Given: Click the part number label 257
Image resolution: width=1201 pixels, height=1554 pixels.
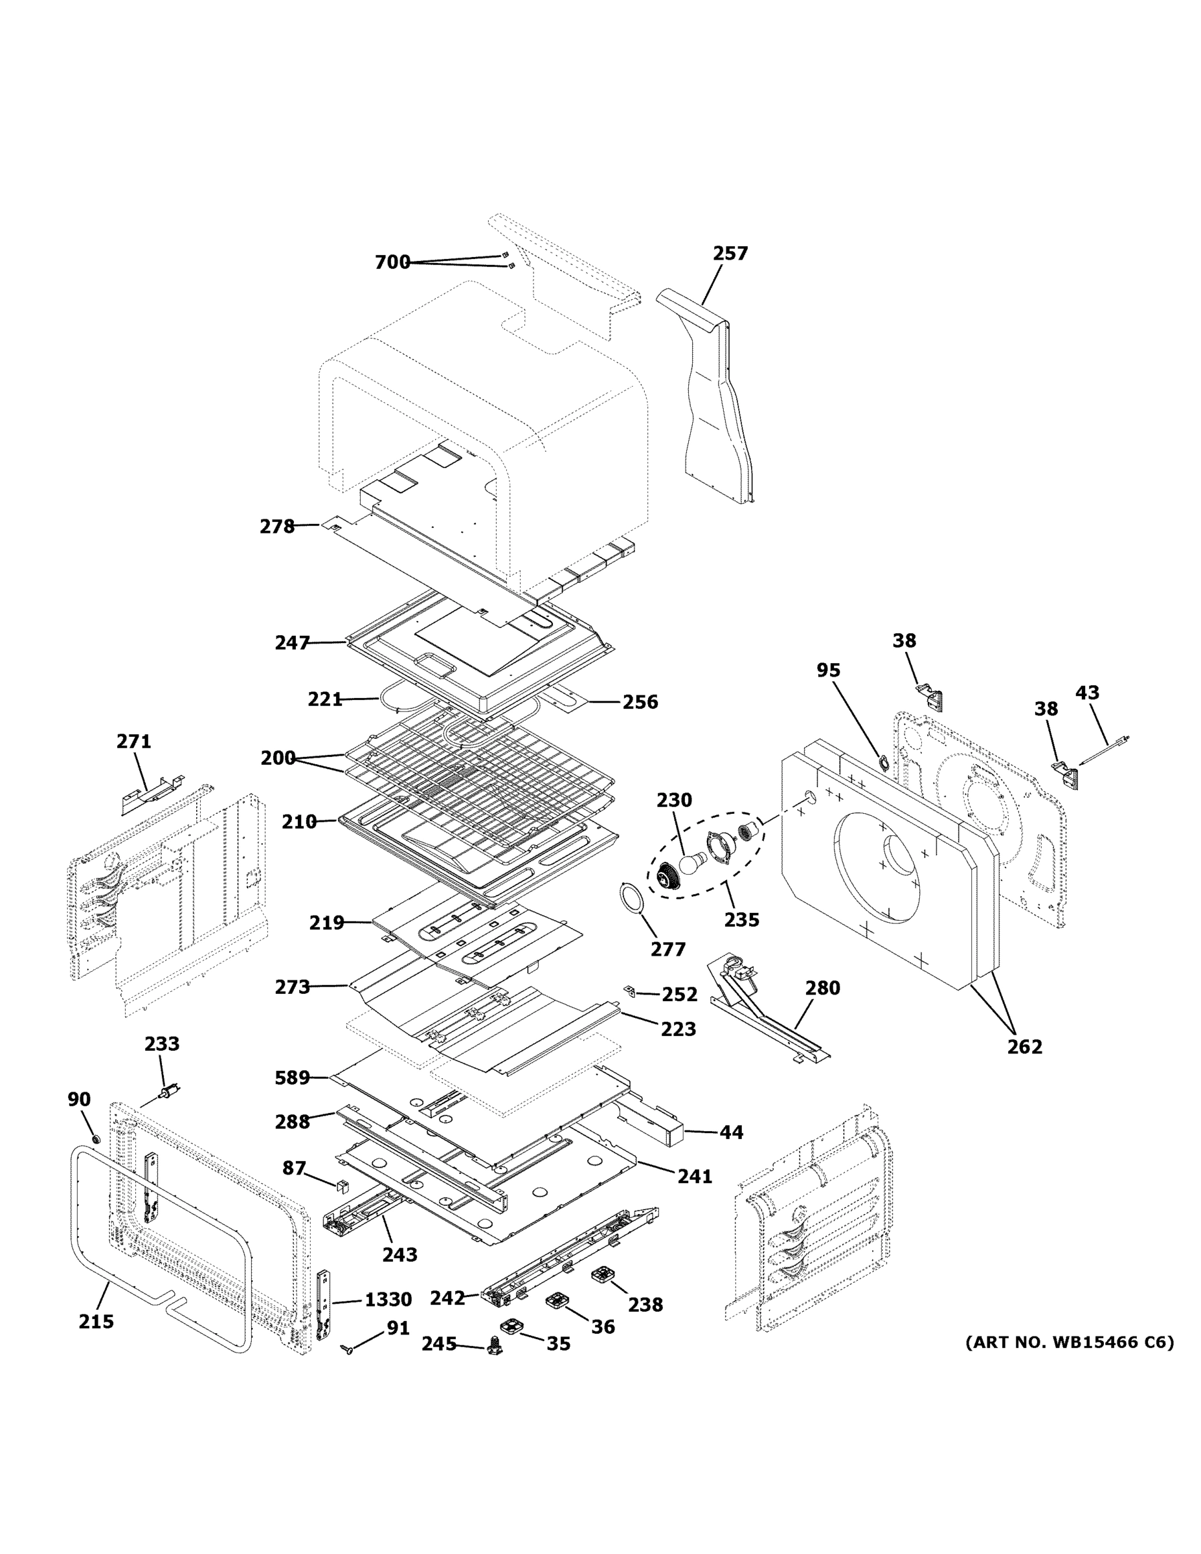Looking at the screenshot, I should [x=730, y=253].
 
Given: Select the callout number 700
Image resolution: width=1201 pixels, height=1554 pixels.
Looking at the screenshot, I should [x=392, y=262].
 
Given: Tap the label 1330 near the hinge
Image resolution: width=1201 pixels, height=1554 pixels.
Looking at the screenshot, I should [x=388, y=1300].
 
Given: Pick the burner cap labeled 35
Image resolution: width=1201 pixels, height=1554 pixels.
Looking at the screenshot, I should [x=511, y=1326].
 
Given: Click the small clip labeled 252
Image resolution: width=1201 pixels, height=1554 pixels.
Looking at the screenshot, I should [x=629, y=991].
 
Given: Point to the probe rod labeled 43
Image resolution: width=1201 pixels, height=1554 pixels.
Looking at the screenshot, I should [x=1103, y=751].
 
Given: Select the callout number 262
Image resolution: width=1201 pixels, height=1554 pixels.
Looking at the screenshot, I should [x=1024, y=1046].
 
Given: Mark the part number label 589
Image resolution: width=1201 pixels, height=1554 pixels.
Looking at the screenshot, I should [x=293, y=1078].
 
